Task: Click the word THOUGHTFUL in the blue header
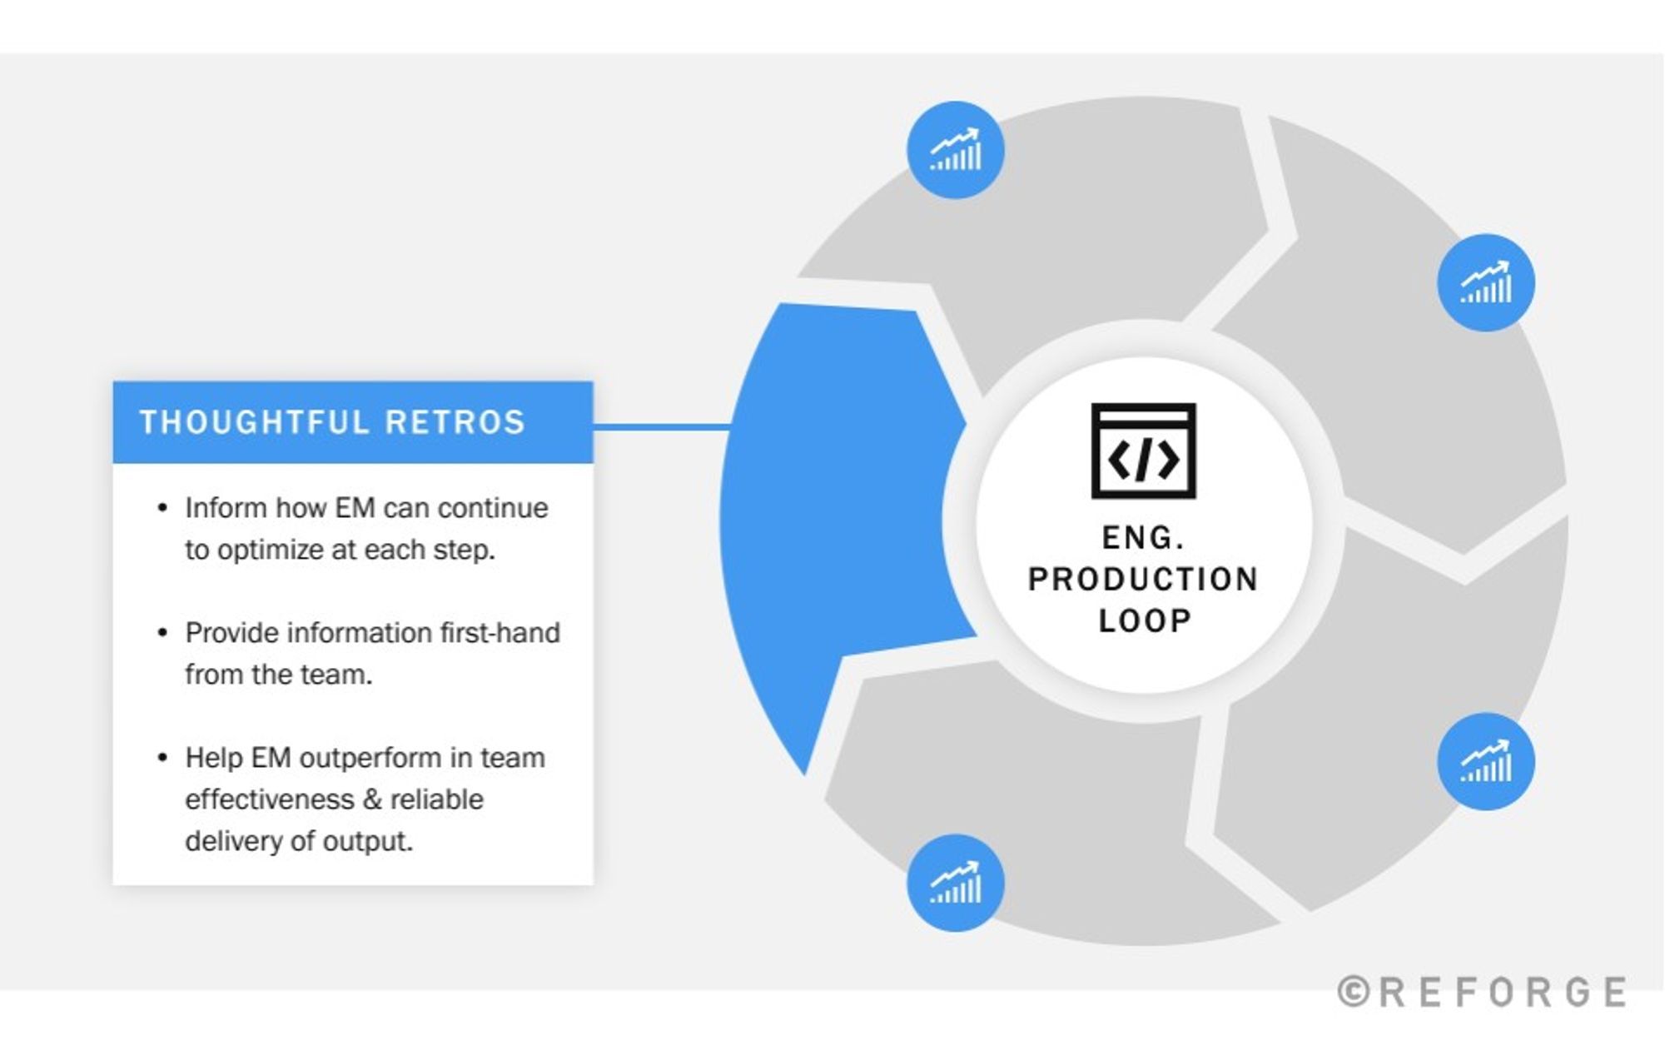[x=254, y=422]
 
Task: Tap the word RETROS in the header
[x=455, y=422]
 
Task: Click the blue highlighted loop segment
[x=832, y=516]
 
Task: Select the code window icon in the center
[x=1143, y=451]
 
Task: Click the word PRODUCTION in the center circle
[x=1143, y=580]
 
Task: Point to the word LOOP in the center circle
[x=1145, y=621]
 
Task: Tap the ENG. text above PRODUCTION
[x=1143, y=538]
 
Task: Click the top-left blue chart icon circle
[x=955, y=151]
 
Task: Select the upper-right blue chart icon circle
[x=1485, y=283]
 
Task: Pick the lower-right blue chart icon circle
[x=1485, y=761]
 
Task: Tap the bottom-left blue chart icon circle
[x=955, y=883]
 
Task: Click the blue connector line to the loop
[x=662, y=426]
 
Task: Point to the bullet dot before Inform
[x=162, y=508]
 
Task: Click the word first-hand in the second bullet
[x=499, y=633]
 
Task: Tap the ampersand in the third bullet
[x=372, y=799]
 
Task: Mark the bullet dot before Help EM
[x=162, y=758]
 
